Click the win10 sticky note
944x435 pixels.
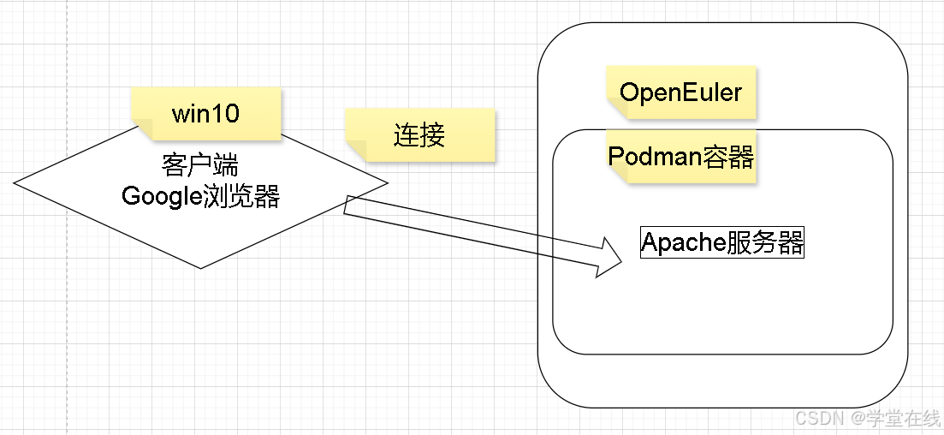tap(205, 113)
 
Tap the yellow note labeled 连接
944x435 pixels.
tap(419, 134)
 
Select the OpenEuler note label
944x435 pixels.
tap(680, 92)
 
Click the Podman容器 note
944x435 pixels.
tap(680, 157)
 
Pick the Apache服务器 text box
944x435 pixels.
tap(722, 242)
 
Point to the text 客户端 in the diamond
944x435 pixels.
tap(200, 164)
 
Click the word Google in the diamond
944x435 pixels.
tap(163, 196)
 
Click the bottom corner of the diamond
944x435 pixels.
tap(200, 267)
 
